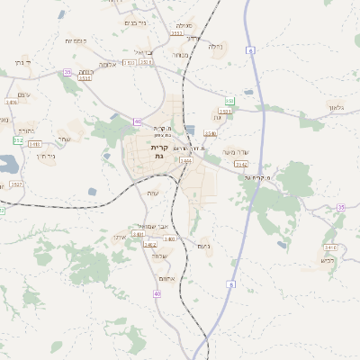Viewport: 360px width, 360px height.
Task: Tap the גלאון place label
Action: click(x=337, y=108)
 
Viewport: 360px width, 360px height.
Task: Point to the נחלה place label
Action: click(x=215, y=47)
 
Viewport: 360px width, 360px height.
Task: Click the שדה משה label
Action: click(x=247, y=151)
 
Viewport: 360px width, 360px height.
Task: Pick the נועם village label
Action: click(x=203, y=246)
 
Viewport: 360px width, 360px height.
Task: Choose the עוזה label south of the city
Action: click(x=151, y=193)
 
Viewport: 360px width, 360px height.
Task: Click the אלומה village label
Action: click(x=107, y=64)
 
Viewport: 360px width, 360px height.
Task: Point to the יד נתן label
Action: click(x=19, y=63)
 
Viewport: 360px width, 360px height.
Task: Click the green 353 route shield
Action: click(x=229, y=102)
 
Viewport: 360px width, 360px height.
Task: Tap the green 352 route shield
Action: click(x=18, y=140)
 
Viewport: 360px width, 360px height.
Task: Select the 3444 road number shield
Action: click(x=186, y=160)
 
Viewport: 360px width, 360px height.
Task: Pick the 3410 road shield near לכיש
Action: click(x=330, y=247)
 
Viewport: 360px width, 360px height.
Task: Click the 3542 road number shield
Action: click(x=240, y=165)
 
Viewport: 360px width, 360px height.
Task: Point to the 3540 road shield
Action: click(x=210, y=134)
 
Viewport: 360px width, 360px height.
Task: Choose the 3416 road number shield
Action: click(x=11, y=103)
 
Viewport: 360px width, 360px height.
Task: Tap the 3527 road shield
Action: click(x=17, y=184)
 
